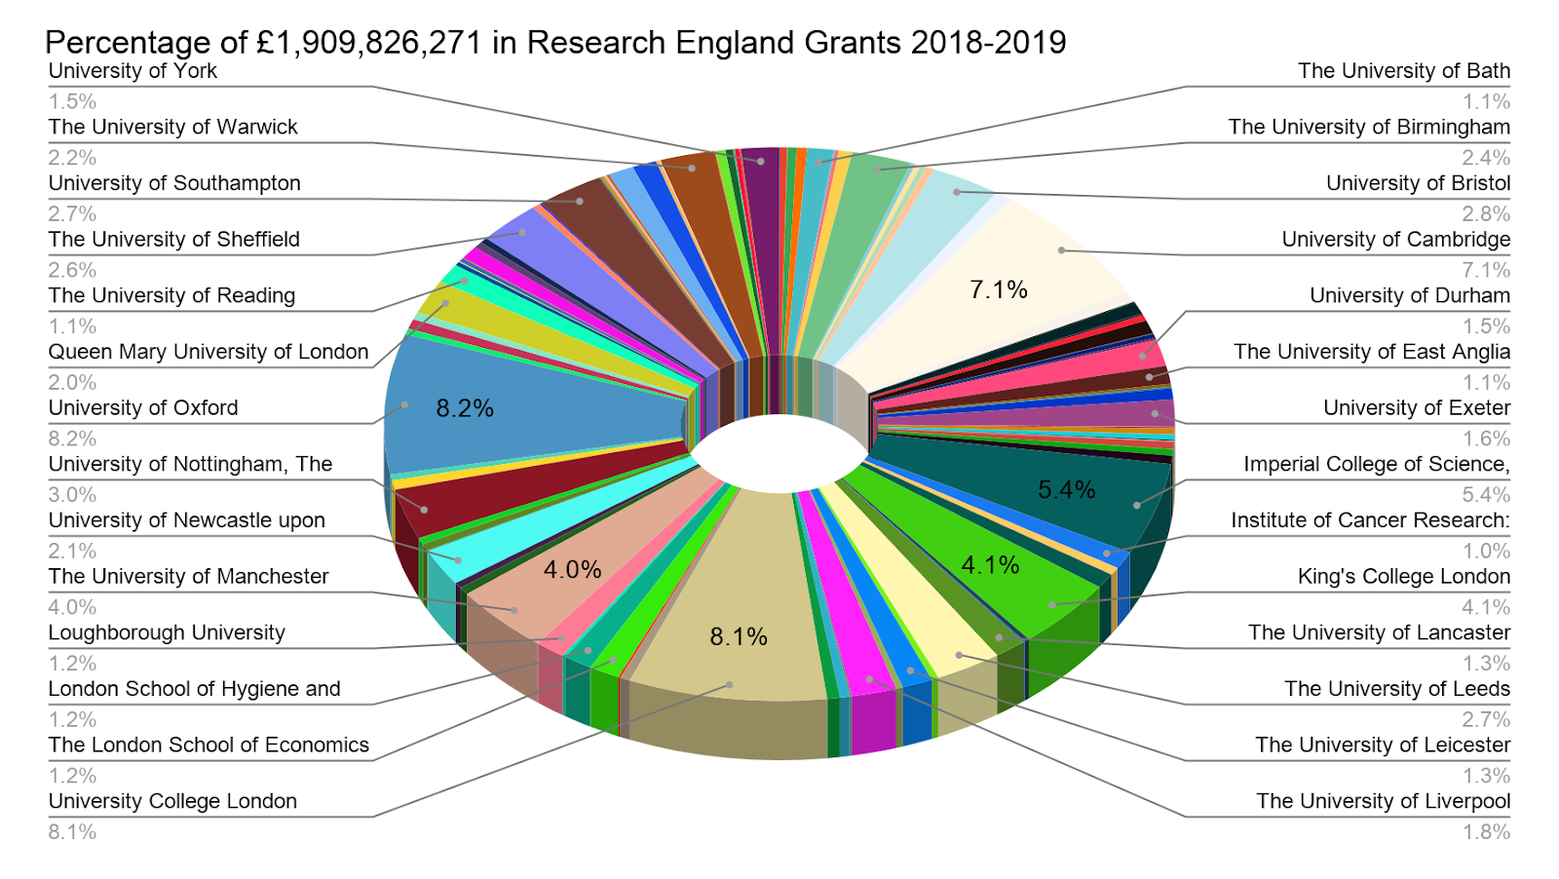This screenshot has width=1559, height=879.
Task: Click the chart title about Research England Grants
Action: point(555,43)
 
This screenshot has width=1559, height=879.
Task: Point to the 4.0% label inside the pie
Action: point(572,570)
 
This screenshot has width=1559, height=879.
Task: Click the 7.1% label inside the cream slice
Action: point(999,289)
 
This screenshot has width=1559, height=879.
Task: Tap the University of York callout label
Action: point(133,71)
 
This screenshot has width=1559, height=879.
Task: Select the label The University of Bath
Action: point(1403,71)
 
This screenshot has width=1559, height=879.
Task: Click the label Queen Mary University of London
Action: point(209,352)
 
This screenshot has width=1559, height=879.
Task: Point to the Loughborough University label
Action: point(167,632)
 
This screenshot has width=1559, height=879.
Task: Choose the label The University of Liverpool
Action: point(1383,801)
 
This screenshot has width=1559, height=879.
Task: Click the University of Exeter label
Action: point(1416,408)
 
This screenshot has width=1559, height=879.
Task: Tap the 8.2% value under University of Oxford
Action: point(72,439)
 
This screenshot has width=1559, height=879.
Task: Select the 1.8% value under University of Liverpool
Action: point(1486,832)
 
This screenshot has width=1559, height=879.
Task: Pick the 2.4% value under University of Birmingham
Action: point(1486,158)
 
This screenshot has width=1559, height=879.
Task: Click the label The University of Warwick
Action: point(172,128)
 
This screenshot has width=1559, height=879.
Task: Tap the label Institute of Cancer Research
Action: point(1370,520)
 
